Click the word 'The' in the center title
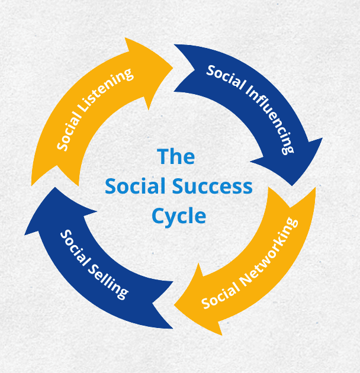coord(176,157)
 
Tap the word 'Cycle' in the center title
coord(179,215)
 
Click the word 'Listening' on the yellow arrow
coord(110,93)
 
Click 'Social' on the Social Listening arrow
coord(69,134)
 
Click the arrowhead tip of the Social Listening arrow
coord(172,65)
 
